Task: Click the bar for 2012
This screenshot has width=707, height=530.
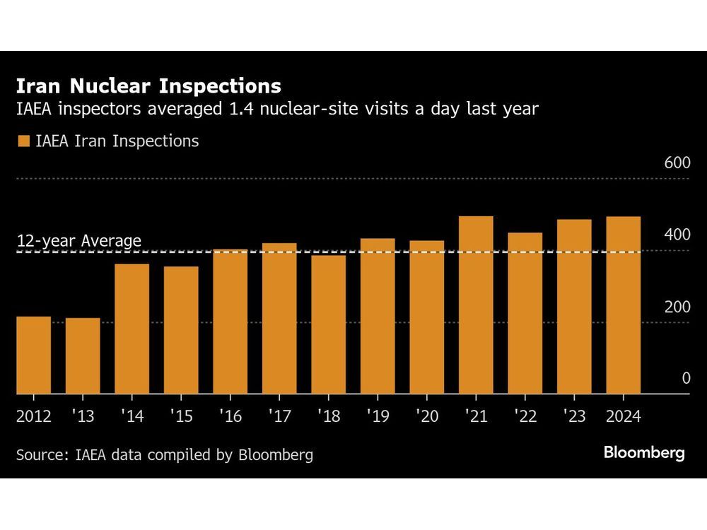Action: coord(33,355)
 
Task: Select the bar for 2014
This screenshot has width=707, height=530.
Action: coord(132,329)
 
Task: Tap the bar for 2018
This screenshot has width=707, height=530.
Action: coord(328,324)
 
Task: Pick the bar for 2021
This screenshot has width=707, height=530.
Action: coord(476,305)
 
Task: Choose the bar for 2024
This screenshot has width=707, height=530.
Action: coord(624,305)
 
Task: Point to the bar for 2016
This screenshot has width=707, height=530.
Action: coord(230,322)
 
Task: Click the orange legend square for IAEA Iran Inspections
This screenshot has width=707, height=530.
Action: coord(23,141)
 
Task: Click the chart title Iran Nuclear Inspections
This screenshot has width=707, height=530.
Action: coord(148,86)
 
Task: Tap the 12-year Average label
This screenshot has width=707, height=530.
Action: coord(78,241)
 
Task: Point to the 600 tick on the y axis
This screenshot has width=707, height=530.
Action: coord(677,163)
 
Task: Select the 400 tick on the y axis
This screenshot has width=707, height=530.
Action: coord(677,235)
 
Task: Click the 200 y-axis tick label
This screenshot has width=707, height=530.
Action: coord(677,307)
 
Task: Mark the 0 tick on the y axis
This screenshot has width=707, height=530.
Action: coord(685,379)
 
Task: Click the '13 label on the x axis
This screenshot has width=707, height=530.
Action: coord(83,416)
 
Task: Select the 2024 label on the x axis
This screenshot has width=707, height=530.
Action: coord(623,416)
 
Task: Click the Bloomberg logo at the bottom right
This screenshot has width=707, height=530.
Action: coord(644,453)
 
